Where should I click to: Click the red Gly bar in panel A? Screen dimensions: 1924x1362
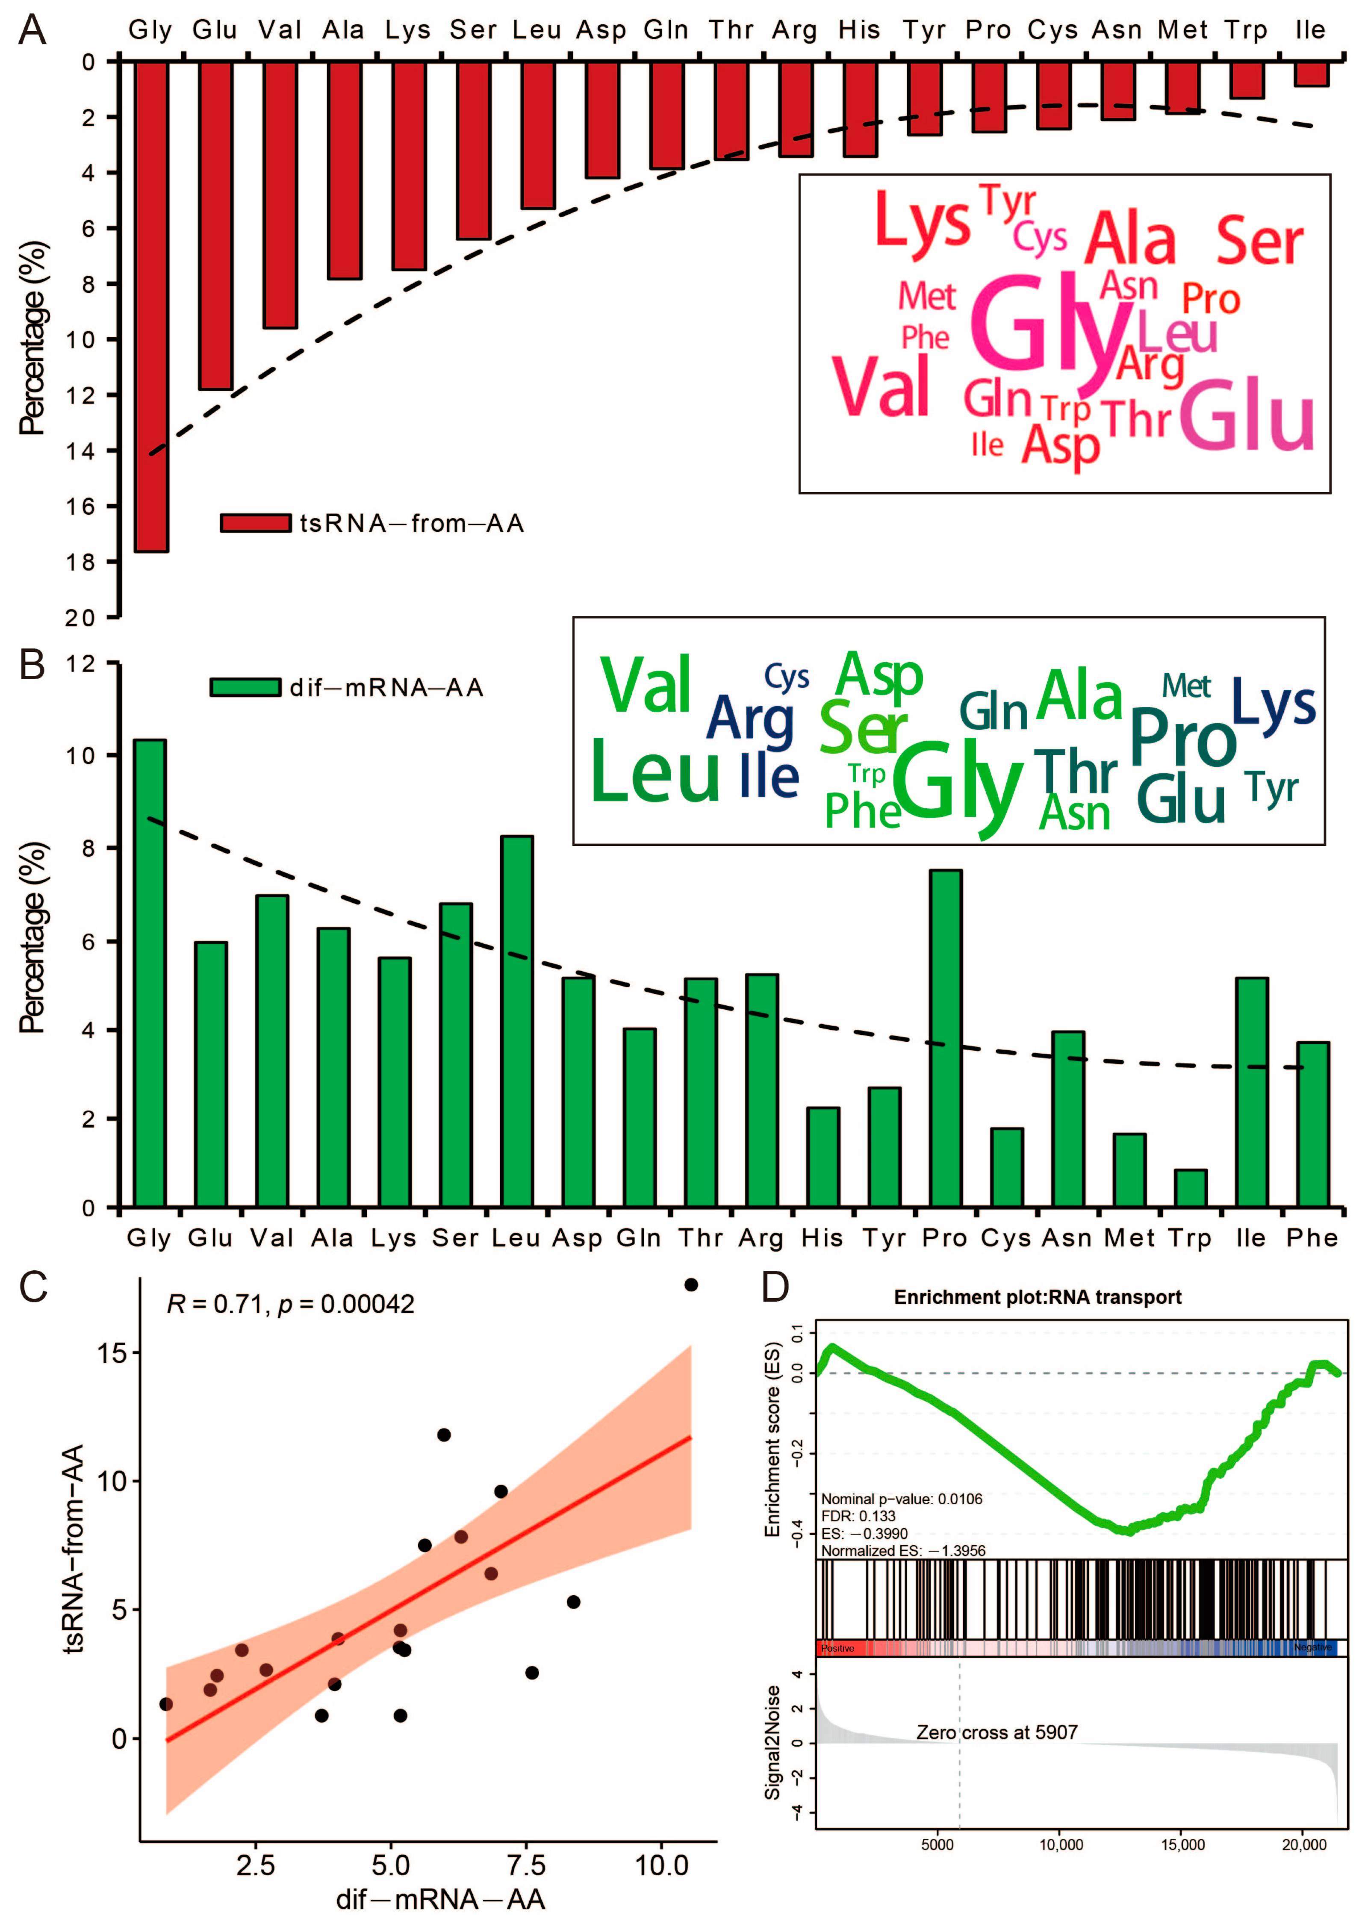coord(151,306)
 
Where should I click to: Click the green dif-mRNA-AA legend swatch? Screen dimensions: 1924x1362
coord(245,687)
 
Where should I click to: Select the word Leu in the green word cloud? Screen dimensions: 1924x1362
coord(654,771)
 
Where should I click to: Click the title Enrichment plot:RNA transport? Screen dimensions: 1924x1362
coord(1038,1297)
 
